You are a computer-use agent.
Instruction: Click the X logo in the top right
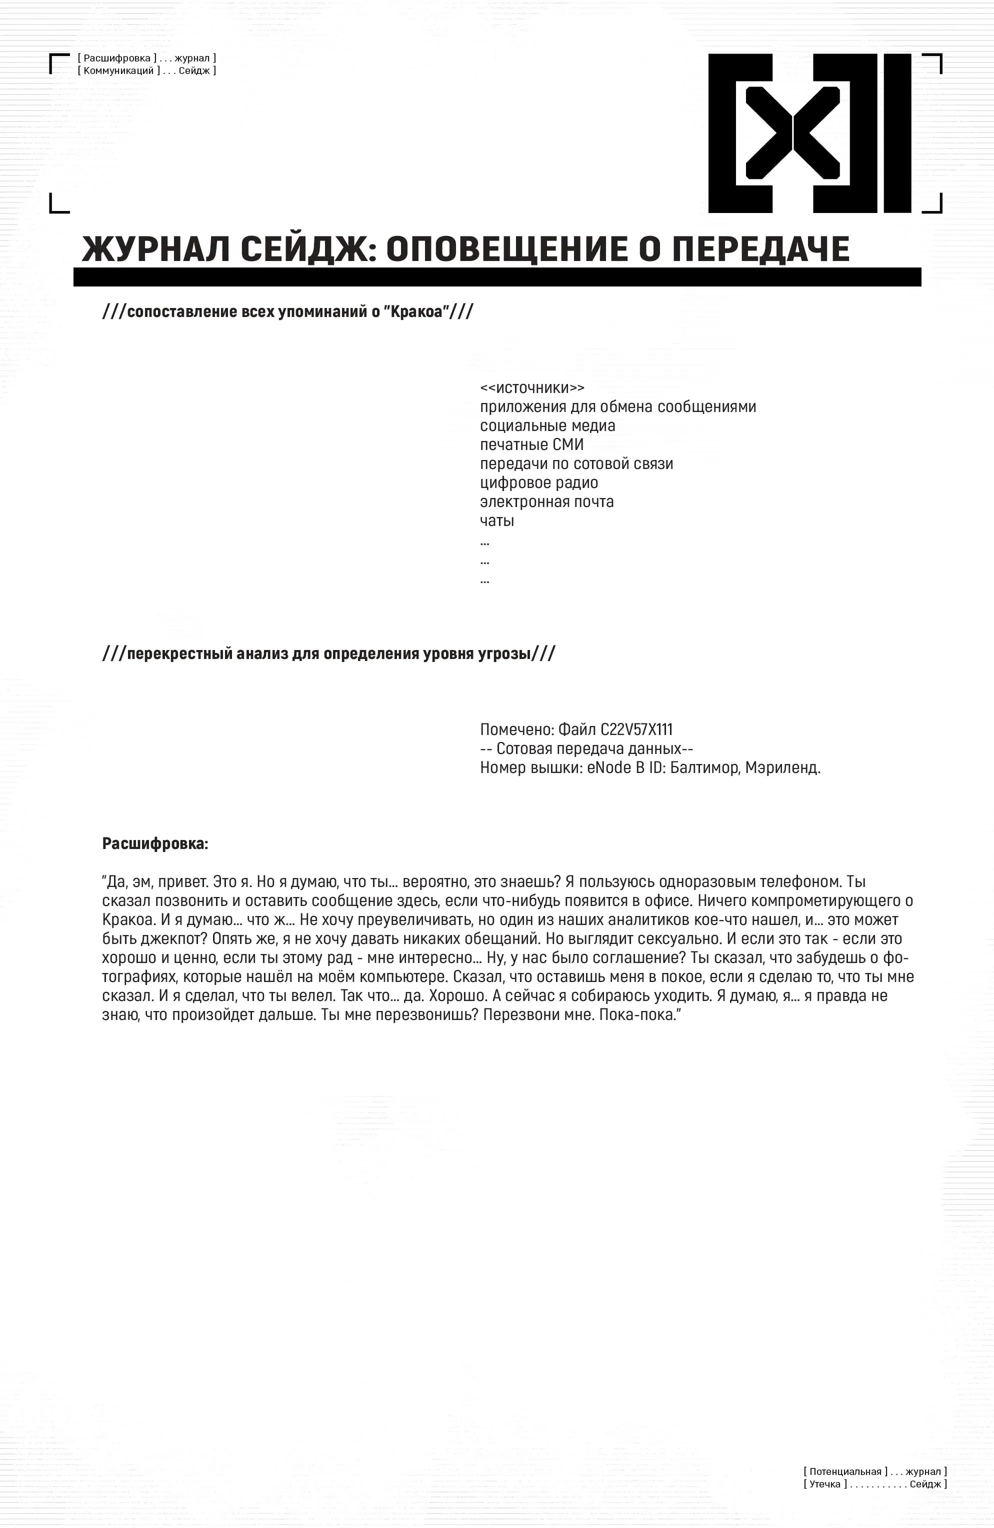pyautogui.click(x=809, y=133)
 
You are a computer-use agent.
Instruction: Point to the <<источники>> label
pyautogui.click(x=532, y=388)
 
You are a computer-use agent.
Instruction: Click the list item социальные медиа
pyautogui.click(x=547, y=425)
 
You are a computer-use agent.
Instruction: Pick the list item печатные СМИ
pyautogui.click(x=531, y=444)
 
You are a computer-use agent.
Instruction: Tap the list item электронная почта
pyautogui.click(x=546, y=501)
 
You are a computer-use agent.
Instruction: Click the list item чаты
pyautogui.click(x=497, y=520)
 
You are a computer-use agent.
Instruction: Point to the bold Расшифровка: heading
pyautogui.click(x=155, y=843)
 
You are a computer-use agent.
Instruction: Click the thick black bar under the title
pyautogui.click(x=497, y=277)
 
